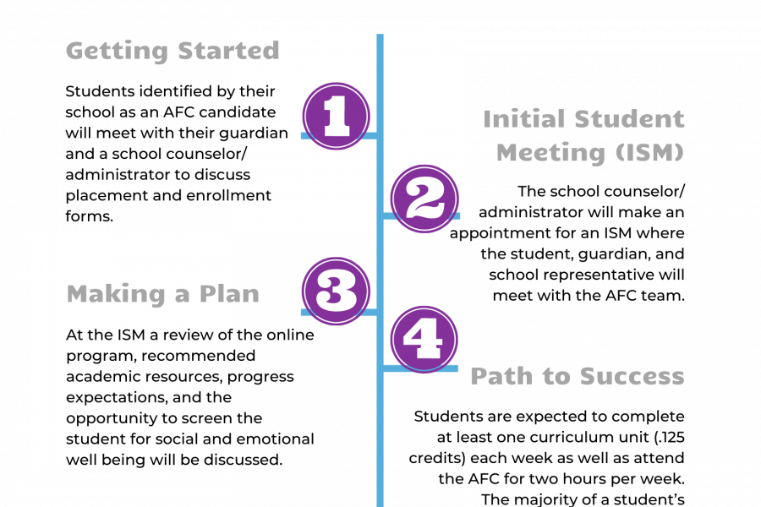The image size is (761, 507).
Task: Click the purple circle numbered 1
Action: click(336, 116)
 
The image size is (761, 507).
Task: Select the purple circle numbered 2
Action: click(424, 199)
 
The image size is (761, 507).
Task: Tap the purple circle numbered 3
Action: click(336, 291)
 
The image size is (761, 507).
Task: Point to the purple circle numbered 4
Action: click(424, 339)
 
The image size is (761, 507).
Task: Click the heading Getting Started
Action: click(172, 52)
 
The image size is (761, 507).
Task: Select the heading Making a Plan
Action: click(163, 294)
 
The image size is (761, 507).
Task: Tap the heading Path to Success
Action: click(578, 376)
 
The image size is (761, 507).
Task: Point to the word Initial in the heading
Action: click(524, 119)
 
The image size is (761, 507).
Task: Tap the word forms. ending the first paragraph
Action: click(90, 216)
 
